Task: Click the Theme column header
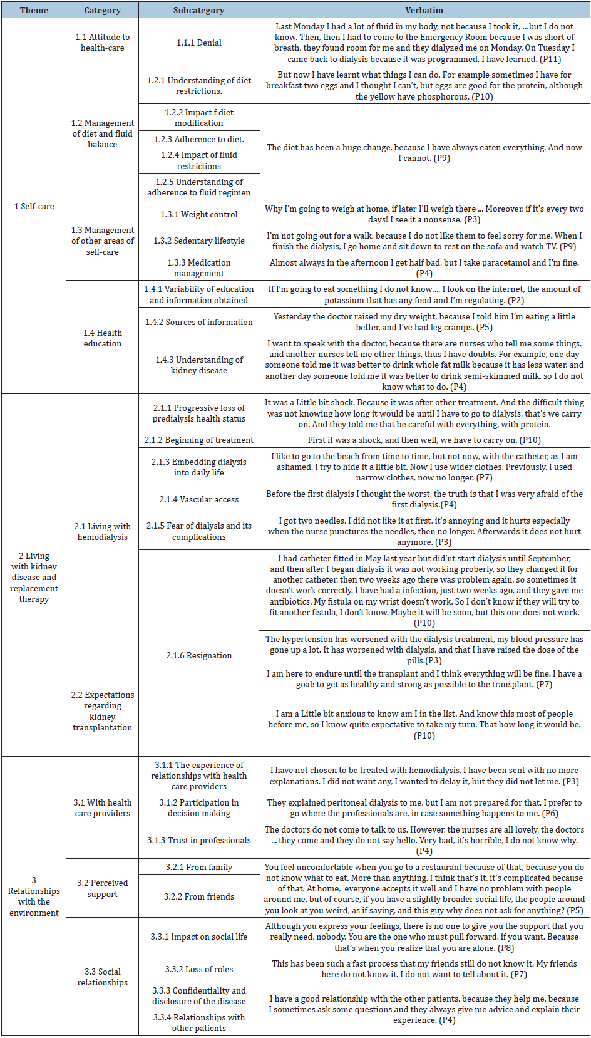coord(34,10)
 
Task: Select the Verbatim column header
coord(424,10)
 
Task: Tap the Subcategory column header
coord(198,10)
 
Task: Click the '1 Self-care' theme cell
coord(34,206)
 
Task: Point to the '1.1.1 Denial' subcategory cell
coord(198,43)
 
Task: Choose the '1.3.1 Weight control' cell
coord(198,214)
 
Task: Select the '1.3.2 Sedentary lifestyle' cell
coord(198,241)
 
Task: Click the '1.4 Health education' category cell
coord(102,338)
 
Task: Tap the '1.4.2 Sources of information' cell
coord(198,322)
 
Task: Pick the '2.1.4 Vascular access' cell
coord(198,499)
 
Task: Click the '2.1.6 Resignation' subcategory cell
coord(198,655)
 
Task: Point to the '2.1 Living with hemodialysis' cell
coord(102,531)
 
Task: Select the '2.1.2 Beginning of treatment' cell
coord(198,440)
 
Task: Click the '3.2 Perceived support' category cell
coord(102,888)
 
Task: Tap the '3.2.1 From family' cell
coord(198,867)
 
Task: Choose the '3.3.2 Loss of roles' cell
coord(198,969)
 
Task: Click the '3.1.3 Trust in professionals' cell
coord(198,840)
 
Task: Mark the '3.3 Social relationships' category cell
coord(102,977)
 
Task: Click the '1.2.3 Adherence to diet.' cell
coord(198,139)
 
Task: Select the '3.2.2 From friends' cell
coord(198,896)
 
